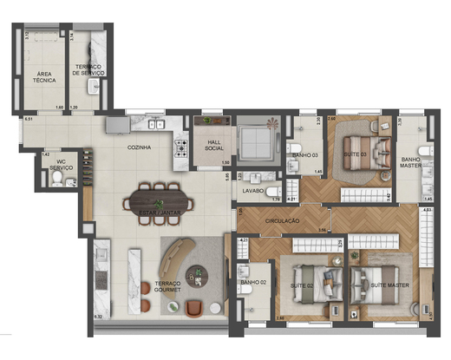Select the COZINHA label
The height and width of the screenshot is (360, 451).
(139, 148)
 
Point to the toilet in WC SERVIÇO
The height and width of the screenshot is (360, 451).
(57, 179)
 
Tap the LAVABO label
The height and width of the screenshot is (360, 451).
(253, 190)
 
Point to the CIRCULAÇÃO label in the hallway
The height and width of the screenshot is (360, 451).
(282, 221)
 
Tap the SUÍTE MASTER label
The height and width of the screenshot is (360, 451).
(387, 285)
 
